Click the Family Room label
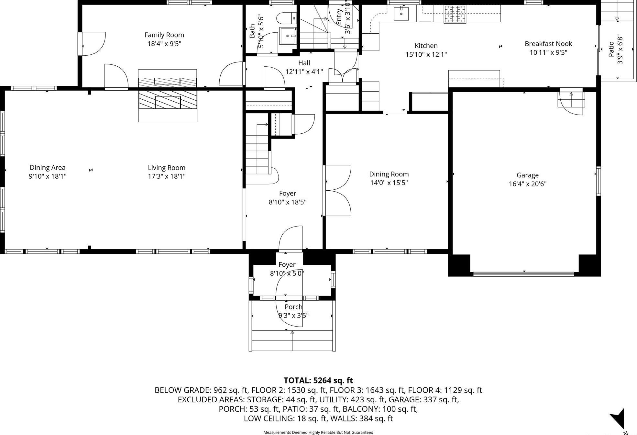click(164, 35)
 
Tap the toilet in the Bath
click(287, 18)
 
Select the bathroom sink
click(288, 36)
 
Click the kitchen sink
click(401, 14)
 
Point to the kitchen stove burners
click(455, 15)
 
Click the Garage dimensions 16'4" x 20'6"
click(527, 184)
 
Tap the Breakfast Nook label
click(548, 44)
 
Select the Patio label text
click(611, 49)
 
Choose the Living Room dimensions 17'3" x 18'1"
click(166, 176)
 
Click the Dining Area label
click(48, 168)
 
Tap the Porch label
click(293, 307)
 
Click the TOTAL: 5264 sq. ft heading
click(318, 380)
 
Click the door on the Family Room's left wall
click(92, 44)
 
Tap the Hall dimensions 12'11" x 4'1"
click(304, 72)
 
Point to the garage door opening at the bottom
click(523, 274)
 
